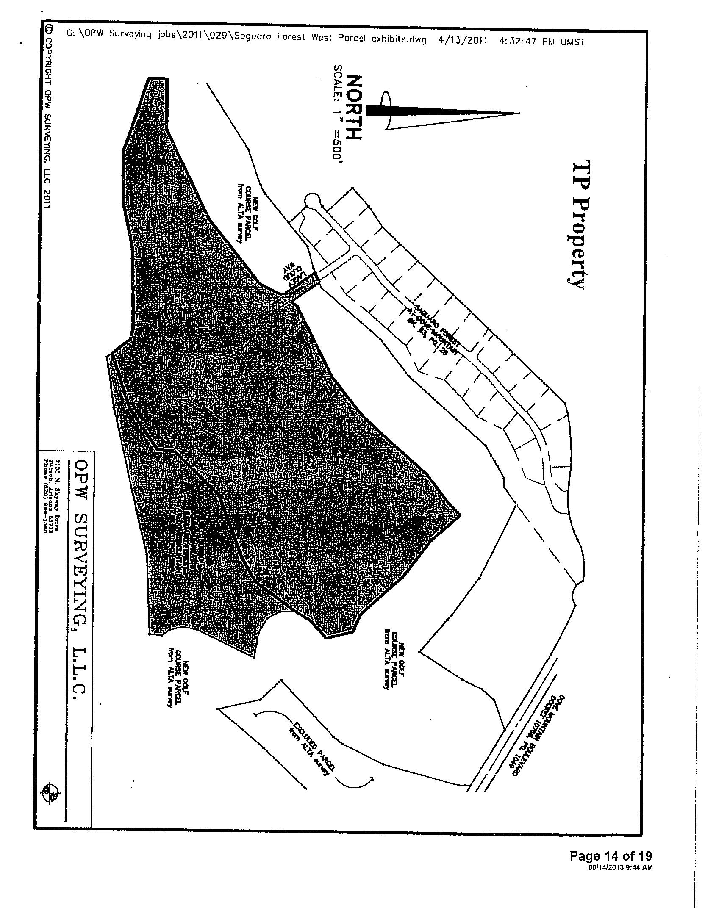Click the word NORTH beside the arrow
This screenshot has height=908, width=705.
pyautogui.click(x=352, y=108)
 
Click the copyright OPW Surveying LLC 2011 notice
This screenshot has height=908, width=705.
pyautogui.click(x=49, y=119)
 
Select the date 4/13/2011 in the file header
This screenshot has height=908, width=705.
pyautogui.click(x=462, y=41)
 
